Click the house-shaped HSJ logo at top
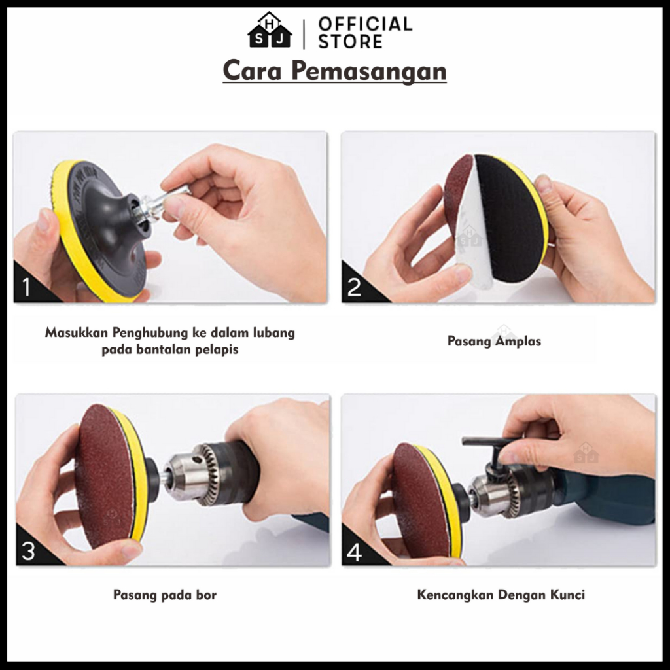[x=270, y=30]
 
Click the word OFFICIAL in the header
[x=365, y=24]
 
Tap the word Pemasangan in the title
[x=369, y=71]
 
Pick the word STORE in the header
[x=351, y=41]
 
